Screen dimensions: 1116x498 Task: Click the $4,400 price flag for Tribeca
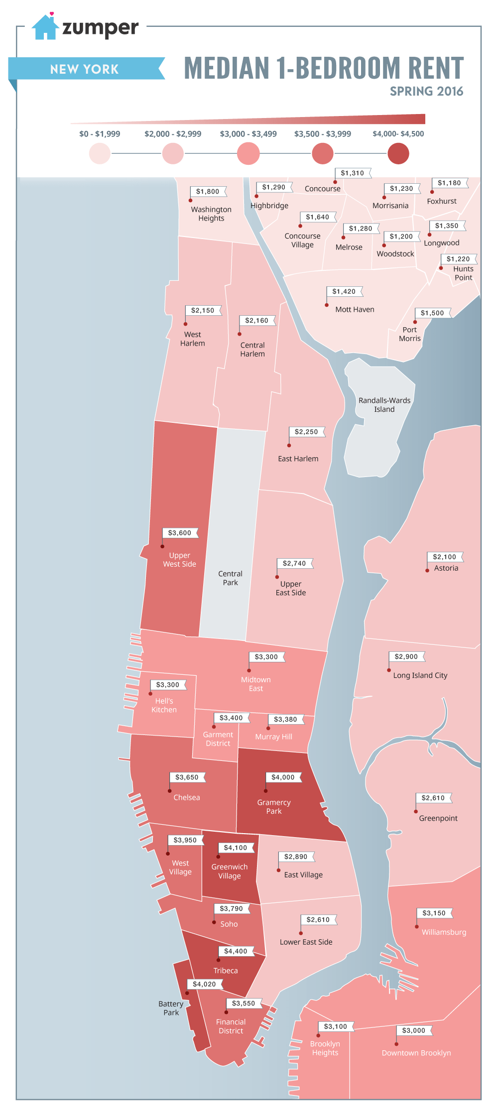(x=236, y=951)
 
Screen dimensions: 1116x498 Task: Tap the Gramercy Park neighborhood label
(x=273, y=807)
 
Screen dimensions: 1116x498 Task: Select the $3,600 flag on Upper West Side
(x=180, y=533)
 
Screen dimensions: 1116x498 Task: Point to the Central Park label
(x=230, y=578)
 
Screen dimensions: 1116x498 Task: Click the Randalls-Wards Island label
(x=384, y=405)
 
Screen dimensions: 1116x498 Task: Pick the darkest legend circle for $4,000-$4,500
(x=398, y=153)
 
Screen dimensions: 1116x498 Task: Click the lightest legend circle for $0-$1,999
(x=100, y=153)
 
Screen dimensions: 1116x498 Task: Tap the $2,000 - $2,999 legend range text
(x=173, y=134)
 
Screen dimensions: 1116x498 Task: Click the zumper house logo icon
(x=45, y=27)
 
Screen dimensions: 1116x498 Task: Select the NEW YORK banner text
(x=85, y=69)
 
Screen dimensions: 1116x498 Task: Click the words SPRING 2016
(x=426, y=92)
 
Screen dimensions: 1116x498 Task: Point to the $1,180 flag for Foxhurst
(x=449, y=183)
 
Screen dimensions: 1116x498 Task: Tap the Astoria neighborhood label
(x=446, y=568)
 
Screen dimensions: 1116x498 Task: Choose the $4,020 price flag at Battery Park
(x=204, y=984)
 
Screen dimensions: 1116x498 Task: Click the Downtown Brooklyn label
(x=416, y=1053)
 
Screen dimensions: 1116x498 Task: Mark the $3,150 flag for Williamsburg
(x=434, y=913)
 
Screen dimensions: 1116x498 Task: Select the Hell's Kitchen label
(x=164, y=705)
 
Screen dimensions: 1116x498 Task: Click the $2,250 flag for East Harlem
(x=306, y=432)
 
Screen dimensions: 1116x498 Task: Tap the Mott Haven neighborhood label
(x=355, y=310)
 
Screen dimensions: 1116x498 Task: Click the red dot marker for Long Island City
(x=389, y=670)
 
